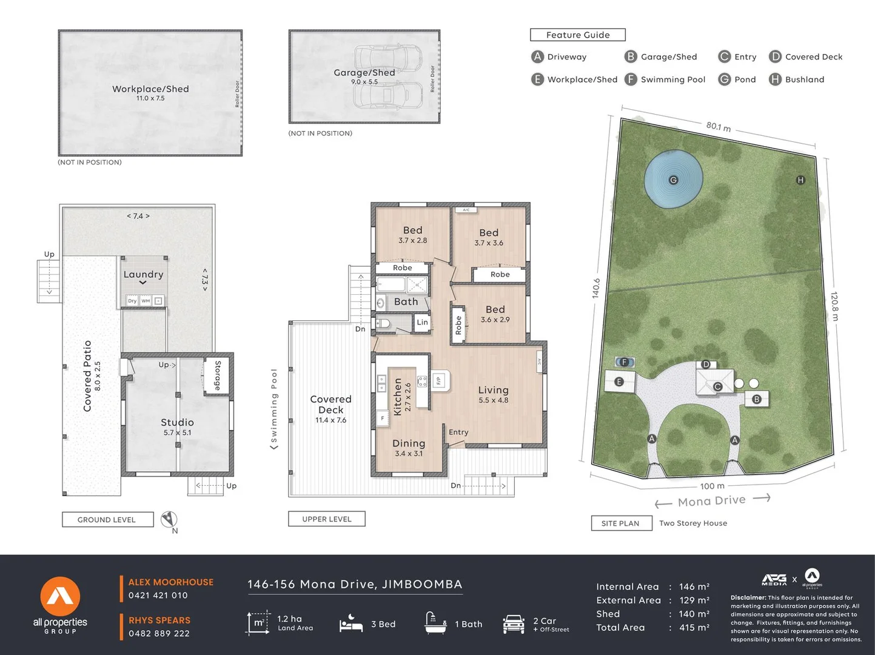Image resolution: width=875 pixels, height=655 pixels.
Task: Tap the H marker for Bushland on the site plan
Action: pyautogui.click(x=800, y=180)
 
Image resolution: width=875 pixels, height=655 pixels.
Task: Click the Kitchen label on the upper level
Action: pyautogui.click(x=398, y=397)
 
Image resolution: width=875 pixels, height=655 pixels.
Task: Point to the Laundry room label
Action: pyautogui.click(x=143, y=275)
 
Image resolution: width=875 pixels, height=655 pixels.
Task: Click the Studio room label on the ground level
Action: pyautogui.click(x=177, y=423)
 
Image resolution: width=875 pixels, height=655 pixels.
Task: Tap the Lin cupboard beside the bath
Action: pyautogui.click(x=422, y=323)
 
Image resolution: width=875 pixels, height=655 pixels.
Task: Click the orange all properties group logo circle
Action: pyautogui.click(x=60, y=596)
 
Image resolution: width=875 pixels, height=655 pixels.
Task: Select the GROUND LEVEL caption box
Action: pyautogui.click(x=107, y=520)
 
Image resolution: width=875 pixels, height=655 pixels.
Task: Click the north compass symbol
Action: pyautogui.click(x=169, y=520)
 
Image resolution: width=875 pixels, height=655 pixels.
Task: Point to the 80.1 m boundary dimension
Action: pyautogui.click(x=718, y=127)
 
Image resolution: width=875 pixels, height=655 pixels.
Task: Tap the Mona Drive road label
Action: pyautogui.click(x=711, y=501)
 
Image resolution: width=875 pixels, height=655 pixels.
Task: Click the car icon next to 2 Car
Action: pyautogui.click(x=513, y=624)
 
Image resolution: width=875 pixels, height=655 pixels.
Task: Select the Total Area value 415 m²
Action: pyautogui.click(x=694, y=628)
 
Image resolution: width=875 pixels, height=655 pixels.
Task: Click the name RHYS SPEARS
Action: pyautogui.click(x=159, y=620)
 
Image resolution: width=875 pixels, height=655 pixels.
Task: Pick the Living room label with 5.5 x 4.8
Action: pyautogui.click(x=493, y=391)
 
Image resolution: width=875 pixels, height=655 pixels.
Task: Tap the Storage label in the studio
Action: pyautogui.click(x=218, y=375)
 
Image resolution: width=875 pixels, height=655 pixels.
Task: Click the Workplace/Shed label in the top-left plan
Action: pyautogui.click(x=150, y=89)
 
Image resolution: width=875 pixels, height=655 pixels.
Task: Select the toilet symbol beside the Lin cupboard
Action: pyautogui.click(x=383, y=323)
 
